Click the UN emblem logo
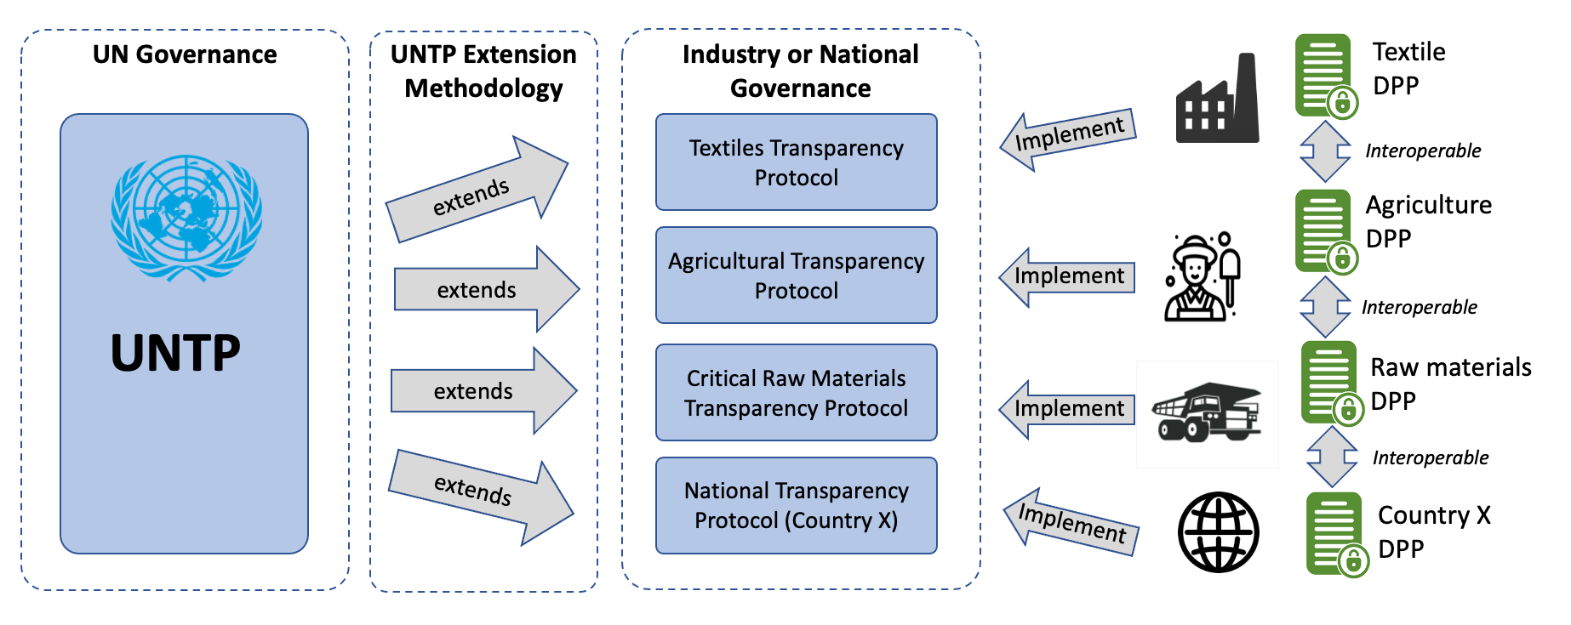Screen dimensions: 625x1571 [186, 218]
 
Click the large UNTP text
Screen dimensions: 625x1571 [175, 354]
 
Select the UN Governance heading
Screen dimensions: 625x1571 [185, 54]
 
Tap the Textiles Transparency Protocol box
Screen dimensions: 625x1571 [796, 162]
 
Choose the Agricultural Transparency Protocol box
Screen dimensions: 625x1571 [796, 276]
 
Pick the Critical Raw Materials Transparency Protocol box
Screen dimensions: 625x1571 [796, 393]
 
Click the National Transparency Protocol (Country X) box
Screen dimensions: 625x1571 [796, 505]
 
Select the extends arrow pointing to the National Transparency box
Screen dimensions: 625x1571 [481, 494]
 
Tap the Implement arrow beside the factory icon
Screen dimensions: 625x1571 [1069, 137]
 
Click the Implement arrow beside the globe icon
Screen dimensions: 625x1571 [1071, 521]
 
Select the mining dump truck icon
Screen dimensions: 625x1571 [1207, 413]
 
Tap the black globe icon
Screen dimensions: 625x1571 [1218, 532]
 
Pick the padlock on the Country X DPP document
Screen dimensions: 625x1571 [1352, 561]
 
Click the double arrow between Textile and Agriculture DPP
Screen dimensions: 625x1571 [1325, 151]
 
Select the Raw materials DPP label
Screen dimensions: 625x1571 [1449, 384]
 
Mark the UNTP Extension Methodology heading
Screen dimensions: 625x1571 [483, 71]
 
